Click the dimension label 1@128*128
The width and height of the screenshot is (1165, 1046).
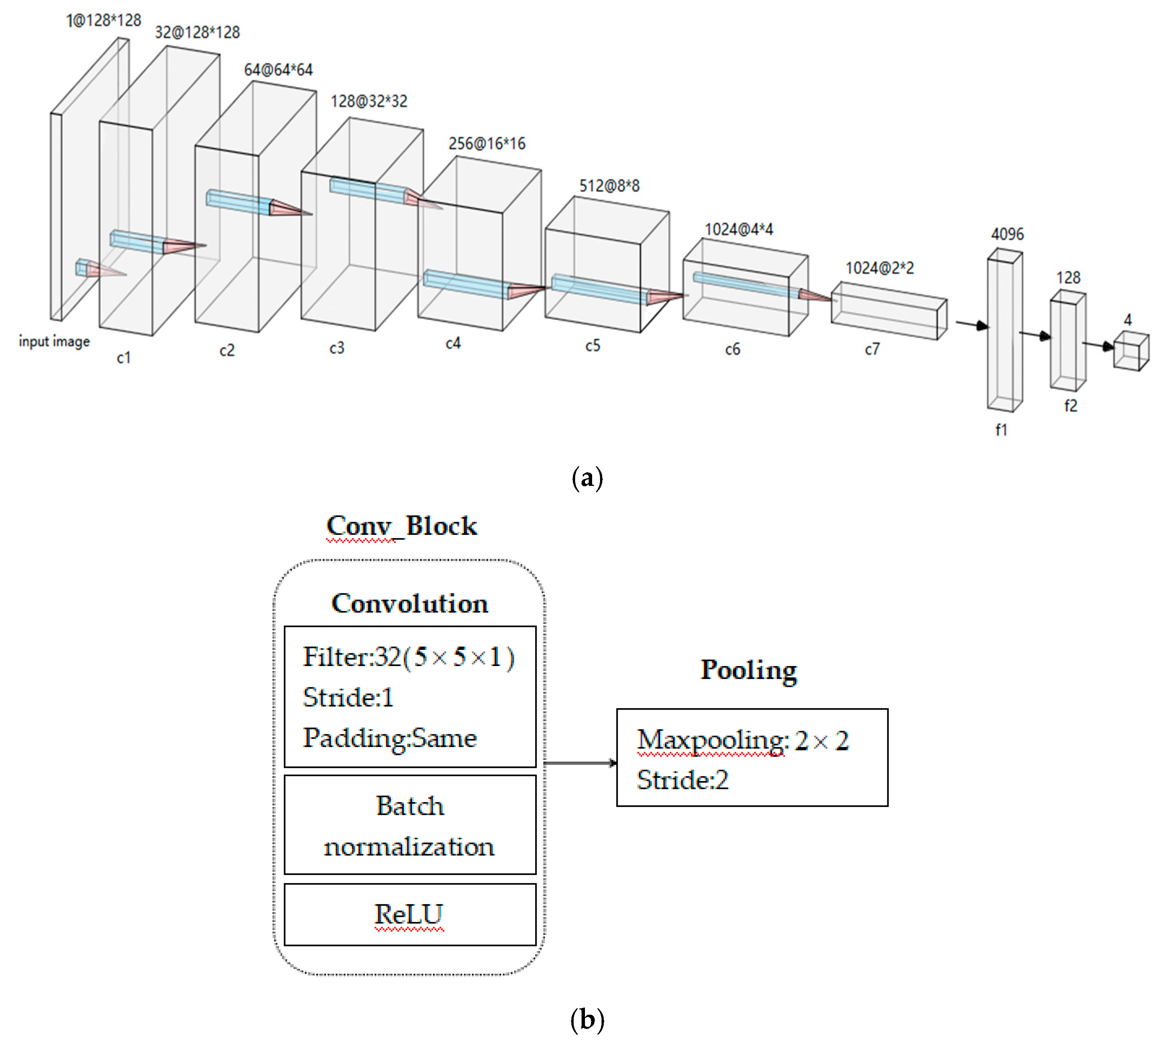pos(103,21)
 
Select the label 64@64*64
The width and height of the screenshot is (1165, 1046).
pos(278,70)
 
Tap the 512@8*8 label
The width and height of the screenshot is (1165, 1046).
pos(609,185)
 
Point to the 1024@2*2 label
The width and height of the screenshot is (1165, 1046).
pos(879,268)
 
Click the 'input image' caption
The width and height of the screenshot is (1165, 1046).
pos(54,342)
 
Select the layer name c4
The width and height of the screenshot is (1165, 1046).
pos(453,344)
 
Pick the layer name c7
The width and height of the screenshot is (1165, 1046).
pos(872,349)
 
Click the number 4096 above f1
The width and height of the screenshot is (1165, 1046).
pos(1007,234)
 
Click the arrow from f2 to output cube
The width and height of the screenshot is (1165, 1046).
pos(1098,345)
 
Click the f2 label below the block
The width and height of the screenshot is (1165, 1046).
pos(1070,406)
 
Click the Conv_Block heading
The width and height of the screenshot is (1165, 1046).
pos(401,526)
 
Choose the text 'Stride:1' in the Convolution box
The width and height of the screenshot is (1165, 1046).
pos(348,697)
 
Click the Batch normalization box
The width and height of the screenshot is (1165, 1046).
pos(410,826)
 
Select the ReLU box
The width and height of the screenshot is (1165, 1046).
pos(410,914)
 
